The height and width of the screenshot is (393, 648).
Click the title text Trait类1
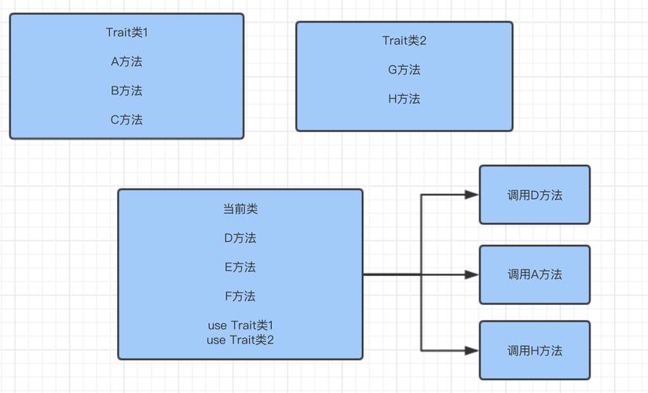click(126, 32)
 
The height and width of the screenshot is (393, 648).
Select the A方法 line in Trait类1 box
click(126, 61)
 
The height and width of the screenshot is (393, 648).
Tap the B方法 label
click(126, 90)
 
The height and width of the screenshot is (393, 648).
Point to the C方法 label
click(126, 119)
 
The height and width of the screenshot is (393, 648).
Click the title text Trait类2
click(404, 40)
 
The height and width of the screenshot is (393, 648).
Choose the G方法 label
click(404, 69)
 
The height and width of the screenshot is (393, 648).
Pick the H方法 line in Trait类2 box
click(404, 98)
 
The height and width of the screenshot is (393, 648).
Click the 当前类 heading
click(240, 209)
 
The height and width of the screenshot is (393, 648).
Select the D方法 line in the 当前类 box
click(240, 237)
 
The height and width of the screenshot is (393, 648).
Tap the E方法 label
click(240, 267)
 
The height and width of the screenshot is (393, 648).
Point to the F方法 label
click(240, 296)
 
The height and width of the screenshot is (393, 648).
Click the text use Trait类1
click(240, 325)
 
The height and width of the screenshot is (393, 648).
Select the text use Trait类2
click(240, 340)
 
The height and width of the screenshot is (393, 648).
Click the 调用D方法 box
click(534, 195)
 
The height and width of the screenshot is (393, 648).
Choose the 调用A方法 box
click(534, 274)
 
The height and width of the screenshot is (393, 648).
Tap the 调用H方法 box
click(534, 351)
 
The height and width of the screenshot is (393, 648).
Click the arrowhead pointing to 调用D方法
click(471, 195)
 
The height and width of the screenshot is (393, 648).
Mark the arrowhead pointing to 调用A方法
click(471, 274)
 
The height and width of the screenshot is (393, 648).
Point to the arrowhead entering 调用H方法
click(471, 351)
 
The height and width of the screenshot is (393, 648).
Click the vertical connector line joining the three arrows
click(422, 236)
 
